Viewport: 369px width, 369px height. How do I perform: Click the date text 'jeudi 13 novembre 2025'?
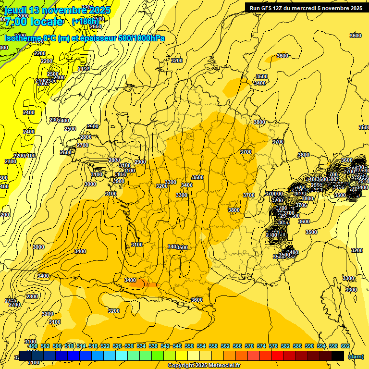(x=57, y=10)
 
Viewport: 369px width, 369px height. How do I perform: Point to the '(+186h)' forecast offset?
(x=86, y=21)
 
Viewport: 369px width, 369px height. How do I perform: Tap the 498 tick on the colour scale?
(x=33, y=346)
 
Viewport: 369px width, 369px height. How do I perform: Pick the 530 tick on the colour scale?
(x=129, y=346)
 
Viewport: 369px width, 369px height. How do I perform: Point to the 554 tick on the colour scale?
(x=201, y=346)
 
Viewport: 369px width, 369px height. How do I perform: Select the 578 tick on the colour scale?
(x=273, y=346)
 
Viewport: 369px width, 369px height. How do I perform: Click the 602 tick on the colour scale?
(x=345, y=346)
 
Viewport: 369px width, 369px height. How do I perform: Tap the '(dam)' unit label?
(x=356, y=357)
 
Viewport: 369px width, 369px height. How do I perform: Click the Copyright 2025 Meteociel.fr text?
(x=204, y=366)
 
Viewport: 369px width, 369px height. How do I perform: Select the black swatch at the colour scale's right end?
(x=338, y=356)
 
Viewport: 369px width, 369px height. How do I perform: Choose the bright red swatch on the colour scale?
(x=278, y=356)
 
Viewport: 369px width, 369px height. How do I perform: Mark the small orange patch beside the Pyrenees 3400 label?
(x=139, y=284)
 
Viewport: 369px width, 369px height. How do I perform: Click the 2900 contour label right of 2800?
(x=140, y=162)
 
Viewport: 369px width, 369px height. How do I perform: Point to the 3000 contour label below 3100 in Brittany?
(x=90, y=184)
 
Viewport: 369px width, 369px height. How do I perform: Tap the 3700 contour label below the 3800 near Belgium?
(x=278, y=142)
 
